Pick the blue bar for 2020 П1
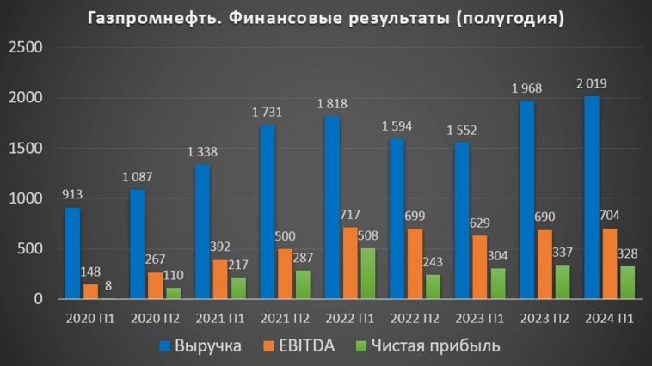72,253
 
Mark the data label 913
72,194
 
